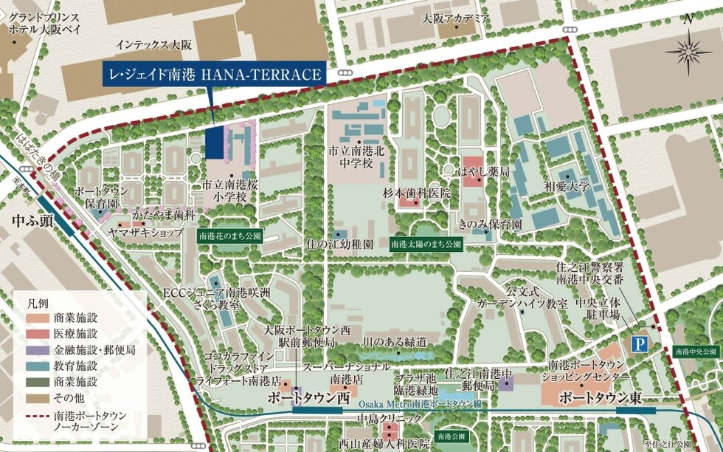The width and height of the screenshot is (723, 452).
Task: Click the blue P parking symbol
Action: pyautogui.click(x=639, y=343)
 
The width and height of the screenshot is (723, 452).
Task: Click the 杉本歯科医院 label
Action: pyautogui.click(x=416, y=193)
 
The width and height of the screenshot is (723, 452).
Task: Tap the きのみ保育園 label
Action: pyautogui.click(x=490, y=223)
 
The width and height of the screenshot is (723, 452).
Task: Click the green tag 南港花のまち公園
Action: pyautogui.click(x=229, y=238)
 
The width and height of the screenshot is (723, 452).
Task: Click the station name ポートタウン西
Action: pyautogui.click(x=308, y=398)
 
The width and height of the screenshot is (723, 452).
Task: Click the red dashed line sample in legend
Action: pyautogui.click(x=34, y=417)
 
